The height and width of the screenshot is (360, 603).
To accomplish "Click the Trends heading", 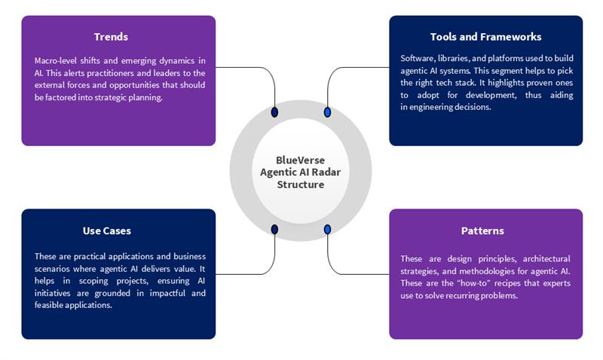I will click(x=111, y=37).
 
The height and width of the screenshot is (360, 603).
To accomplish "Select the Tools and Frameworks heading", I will click(x=485, y=37).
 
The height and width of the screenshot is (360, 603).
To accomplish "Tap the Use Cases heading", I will click(x=106, y=230).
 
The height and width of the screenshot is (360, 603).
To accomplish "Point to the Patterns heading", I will click(x=482, y=230).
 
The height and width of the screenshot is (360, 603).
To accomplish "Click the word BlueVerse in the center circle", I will click(x=300, y=160).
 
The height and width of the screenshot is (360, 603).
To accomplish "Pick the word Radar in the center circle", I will click(x=326, y=172).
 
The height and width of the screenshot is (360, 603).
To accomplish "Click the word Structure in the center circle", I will click(x=300, y=184).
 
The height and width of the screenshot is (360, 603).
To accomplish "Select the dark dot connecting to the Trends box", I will click(x=274, y=112).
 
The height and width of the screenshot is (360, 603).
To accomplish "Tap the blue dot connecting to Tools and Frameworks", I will click(x=327, y=112).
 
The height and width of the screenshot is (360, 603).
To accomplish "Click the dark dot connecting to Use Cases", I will click(x=274, y=229).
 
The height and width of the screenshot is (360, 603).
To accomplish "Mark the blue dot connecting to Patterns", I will click(x=327, y=229).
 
